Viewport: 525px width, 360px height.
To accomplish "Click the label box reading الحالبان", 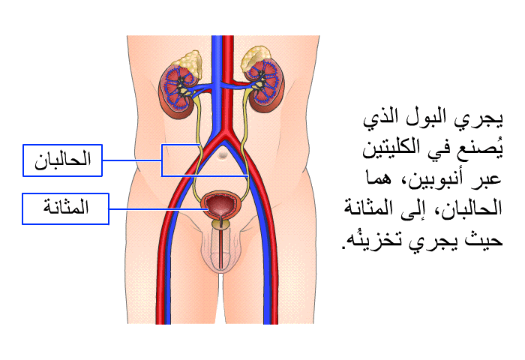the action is (x=62, y=160).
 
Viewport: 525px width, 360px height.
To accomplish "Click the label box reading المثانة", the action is (x=66, y=208).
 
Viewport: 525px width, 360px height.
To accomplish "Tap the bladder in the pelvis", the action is (x=221, y=205).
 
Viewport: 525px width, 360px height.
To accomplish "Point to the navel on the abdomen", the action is (x=223, y=154).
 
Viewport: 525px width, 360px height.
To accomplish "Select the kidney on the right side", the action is (x=267, y=85).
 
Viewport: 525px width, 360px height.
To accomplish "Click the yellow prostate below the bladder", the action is (x=220, y=223).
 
